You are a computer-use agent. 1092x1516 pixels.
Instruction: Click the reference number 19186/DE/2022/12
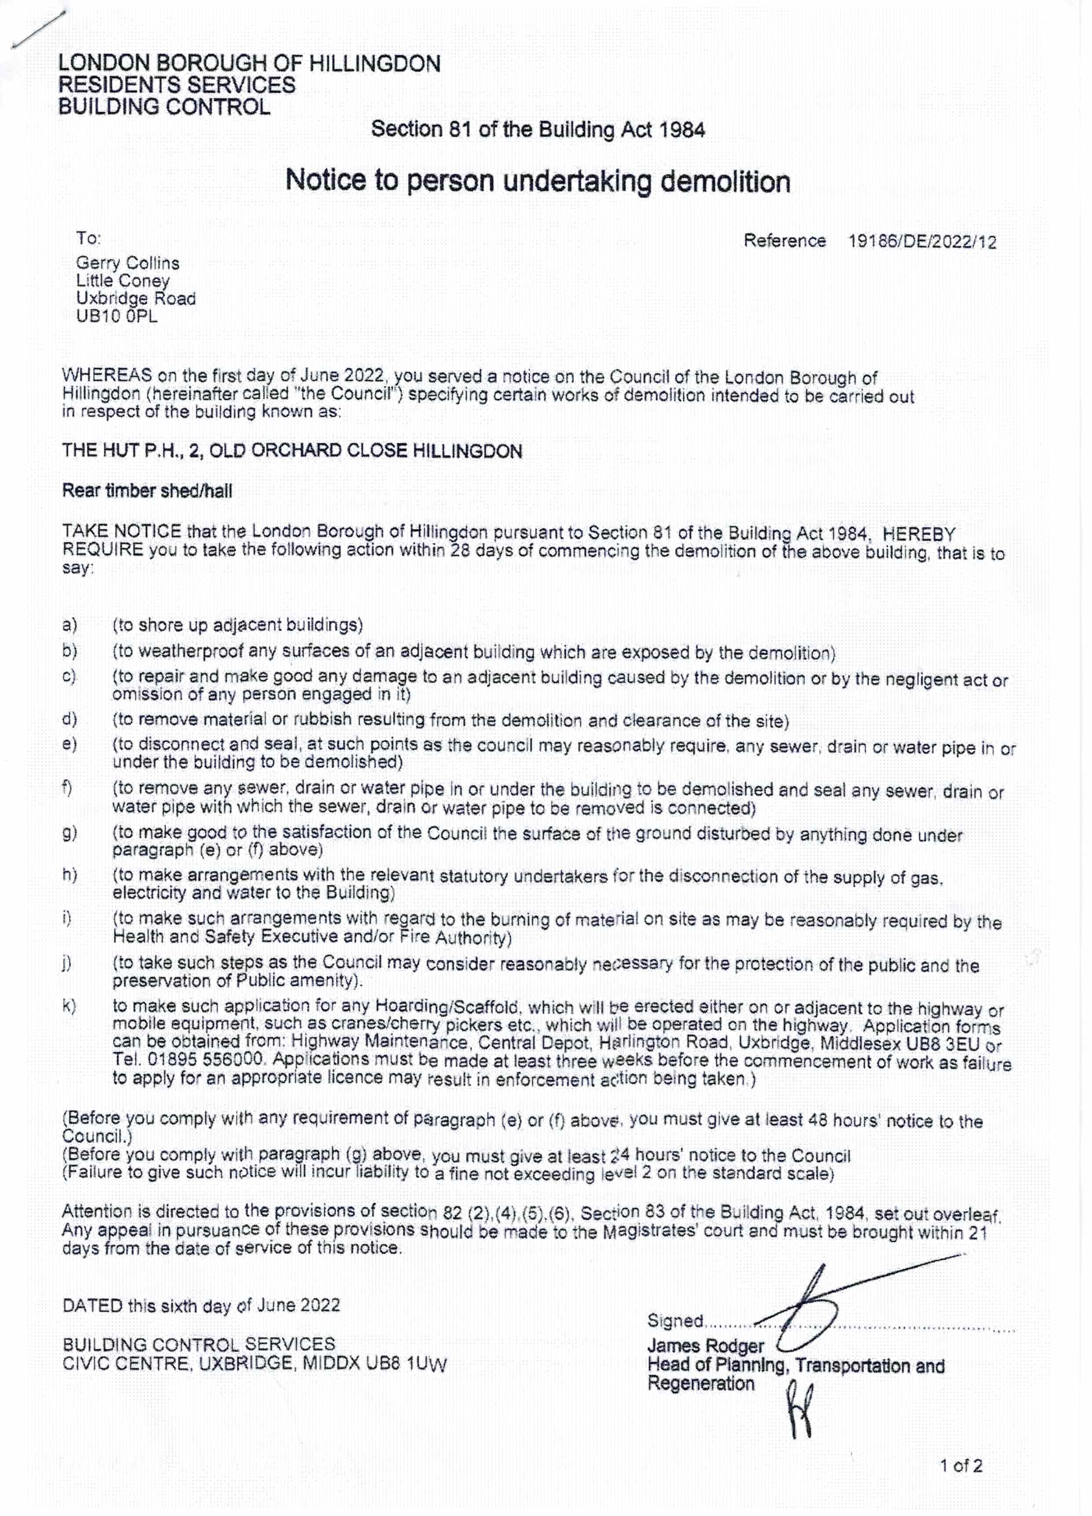click(x=922, y=241)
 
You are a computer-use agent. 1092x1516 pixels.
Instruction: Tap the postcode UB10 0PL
click(x=117, y=316)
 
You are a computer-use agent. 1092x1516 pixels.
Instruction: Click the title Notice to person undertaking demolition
click(x=538, y=181)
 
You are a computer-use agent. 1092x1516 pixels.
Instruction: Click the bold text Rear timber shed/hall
click(x=147, y=491)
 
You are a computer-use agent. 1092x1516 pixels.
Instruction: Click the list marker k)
click(x=69, y=1006)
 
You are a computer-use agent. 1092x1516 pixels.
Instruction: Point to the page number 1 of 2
click(x=961, y=1466)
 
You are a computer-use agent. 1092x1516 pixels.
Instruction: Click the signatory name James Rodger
click(x=705, y=1346)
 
